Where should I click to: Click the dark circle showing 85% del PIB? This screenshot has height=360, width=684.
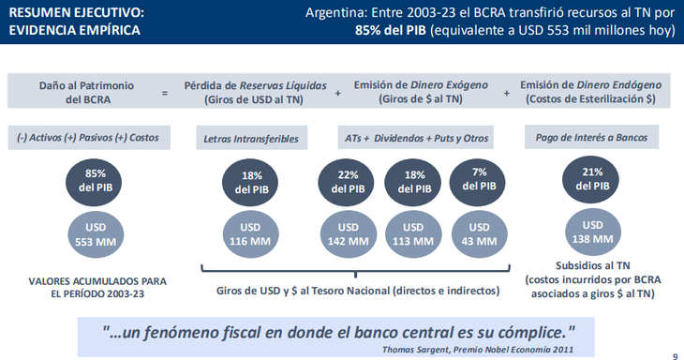[x=94, y=183]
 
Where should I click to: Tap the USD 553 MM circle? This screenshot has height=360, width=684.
[x=96, y=234]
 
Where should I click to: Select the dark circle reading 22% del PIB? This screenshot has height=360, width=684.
[x=346, y=183]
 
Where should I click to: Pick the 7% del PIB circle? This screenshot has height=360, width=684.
[x=477, y=183]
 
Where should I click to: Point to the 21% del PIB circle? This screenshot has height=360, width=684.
[x=590, y=179]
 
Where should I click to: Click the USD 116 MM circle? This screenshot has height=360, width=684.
[x=251, y=234]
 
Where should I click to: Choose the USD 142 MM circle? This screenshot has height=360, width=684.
[x=349, y=234]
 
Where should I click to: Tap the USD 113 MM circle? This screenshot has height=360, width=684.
[x=413, y=234]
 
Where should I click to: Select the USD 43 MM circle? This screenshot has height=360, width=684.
[x=479, y=234]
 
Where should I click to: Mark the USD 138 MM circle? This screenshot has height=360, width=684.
[x=592, y=232]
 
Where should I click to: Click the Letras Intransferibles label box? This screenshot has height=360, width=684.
[x=252, y=138]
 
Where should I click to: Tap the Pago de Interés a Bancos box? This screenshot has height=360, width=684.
[x=591, y=137]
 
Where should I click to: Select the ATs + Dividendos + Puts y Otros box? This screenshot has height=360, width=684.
[x=416, y=138]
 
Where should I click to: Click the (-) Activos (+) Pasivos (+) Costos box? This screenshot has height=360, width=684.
[x=89, y=138]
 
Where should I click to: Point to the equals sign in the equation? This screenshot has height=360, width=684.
[x=165, y=93]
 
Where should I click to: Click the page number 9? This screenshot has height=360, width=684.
[x=676, y=355]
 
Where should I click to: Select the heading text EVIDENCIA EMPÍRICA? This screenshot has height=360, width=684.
[x=75, y=30]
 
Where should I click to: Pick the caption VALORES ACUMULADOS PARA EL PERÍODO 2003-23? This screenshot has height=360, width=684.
[x=97, y=287]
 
